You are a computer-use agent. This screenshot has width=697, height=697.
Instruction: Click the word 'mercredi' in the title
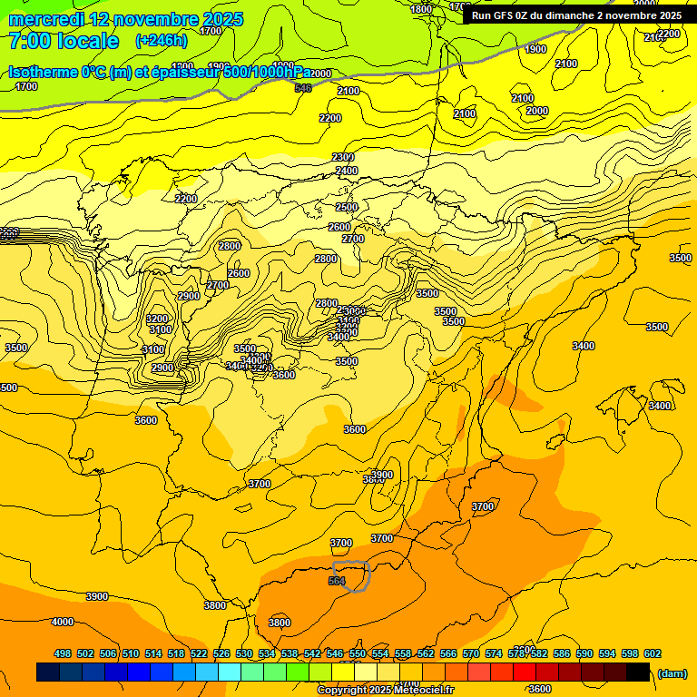(44, 18)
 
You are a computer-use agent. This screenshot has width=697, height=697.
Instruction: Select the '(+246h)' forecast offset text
(162, 41)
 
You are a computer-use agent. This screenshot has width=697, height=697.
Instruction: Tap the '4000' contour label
(63, 622)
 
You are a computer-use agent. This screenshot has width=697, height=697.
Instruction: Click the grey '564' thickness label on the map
(337, 581)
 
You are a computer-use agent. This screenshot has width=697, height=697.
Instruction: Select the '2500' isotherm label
(347, 207)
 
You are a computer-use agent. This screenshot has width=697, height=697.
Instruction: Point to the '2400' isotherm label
(347, 171)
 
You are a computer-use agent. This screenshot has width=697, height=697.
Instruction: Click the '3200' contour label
(157, 319)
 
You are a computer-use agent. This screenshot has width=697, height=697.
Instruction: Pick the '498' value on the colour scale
(63, 653)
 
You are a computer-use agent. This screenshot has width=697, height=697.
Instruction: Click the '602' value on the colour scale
(653, 653)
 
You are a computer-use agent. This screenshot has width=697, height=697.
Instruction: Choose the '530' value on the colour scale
(244, 653)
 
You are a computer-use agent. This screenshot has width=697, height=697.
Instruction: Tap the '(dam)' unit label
(672, 672)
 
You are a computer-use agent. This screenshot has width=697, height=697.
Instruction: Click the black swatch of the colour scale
(638, 672)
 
